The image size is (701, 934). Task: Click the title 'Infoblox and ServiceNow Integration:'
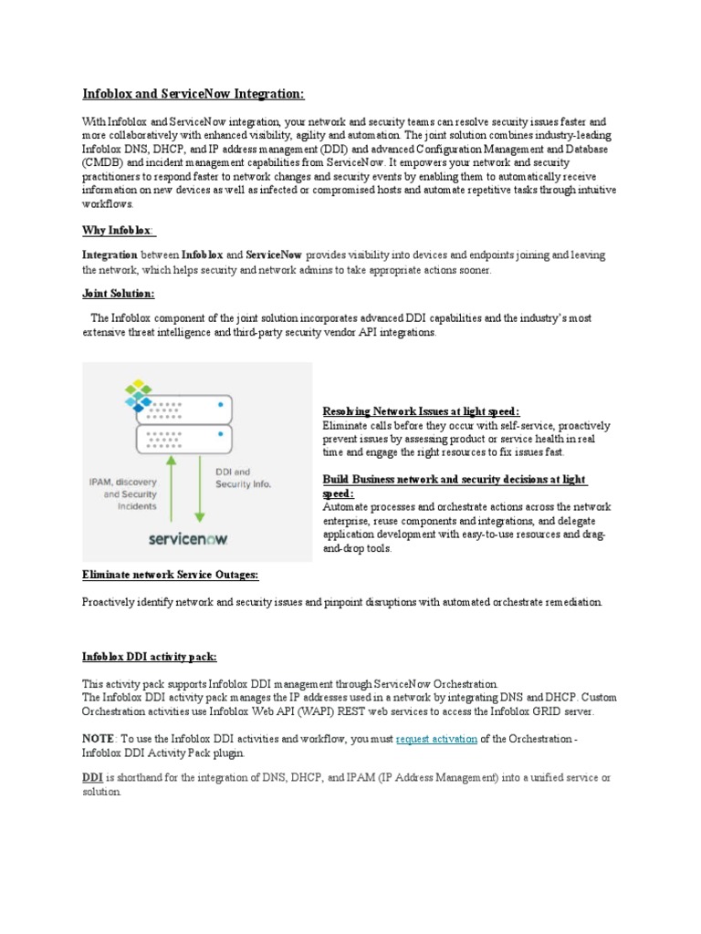tap(194, 94)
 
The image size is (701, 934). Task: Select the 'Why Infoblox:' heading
tap(119, 232)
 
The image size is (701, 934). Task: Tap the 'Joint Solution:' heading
tap(119, 294)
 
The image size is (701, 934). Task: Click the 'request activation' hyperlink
tap(436, 739)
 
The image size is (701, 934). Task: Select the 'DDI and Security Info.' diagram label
tap(243, 477)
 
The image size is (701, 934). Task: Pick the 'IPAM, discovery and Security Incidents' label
tap(123, 493)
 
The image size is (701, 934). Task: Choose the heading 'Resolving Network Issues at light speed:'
tap(421, 411)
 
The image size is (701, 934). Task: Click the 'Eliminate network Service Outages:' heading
tap(171, 575)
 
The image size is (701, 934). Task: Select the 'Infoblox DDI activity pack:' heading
tap(150, 656)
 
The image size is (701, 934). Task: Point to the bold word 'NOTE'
tap(98, 739)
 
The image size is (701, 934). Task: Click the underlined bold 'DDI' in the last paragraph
tap(92, 777)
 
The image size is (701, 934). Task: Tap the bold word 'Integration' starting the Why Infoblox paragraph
tap(110, 255)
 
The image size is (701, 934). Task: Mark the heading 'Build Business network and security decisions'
tap(454, 480)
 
